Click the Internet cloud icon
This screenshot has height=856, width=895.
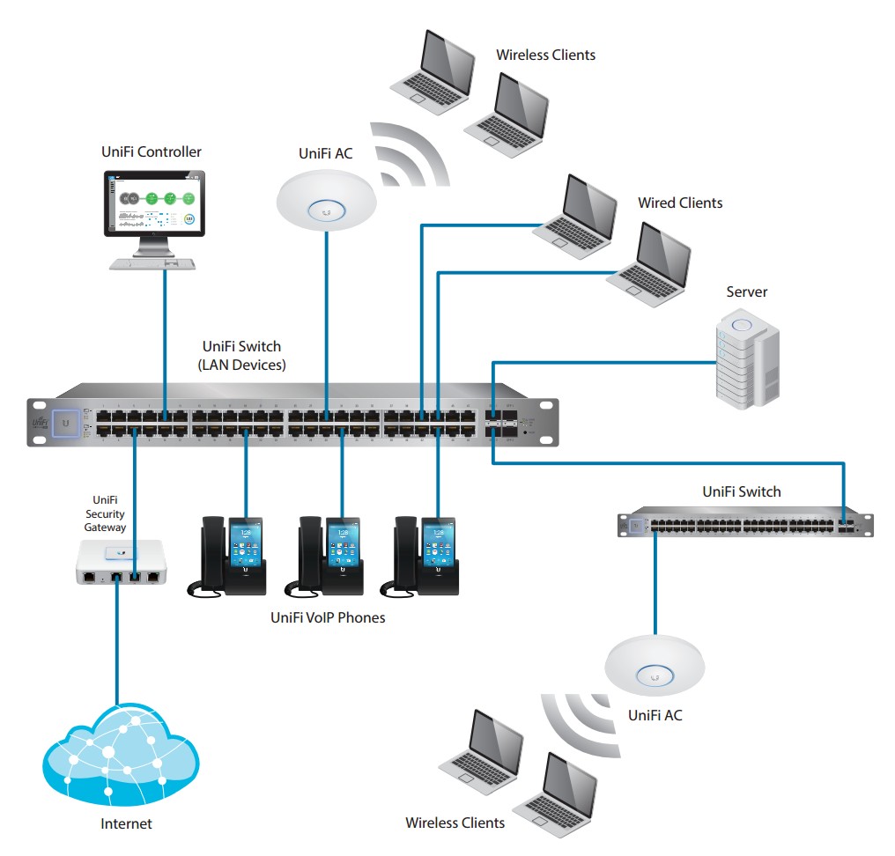point(121,756)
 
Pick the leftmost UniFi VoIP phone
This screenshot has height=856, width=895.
point(226,557)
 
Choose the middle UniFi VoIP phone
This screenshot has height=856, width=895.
point(323,557)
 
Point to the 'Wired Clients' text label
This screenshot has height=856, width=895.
point(680,203)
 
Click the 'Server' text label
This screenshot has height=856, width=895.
point(746,291)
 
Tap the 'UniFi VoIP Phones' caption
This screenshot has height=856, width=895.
point(328,617)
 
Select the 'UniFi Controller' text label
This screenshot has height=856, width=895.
point(152,152)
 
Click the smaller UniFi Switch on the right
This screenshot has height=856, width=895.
point(744,524)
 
